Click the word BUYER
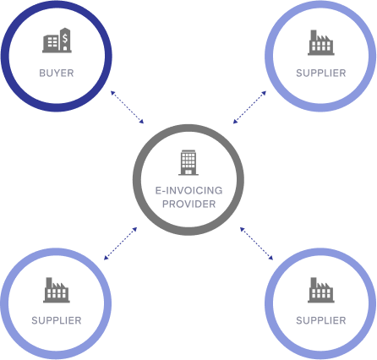click(x=57, y=73)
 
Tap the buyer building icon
click(x=57, y=41)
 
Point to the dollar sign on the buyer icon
click(x=65, y=38)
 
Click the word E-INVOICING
click(x=188, y=190)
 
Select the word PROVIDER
click(x=188, y=204)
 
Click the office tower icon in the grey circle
click(x=188, y=162)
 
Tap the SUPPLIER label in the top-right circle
click(x=321, y=73)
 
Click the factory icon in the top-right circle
click(x=321, y=42)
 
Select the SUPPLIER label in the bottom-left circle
click(x=57, y=320)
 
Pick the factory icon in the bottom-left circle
click(x=57, y=290)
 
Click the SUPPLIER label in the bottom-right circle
click(x=321, y=320)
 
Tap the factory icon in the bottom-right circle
click(x=321, y=290)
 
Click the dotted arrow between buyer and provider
click(x=127, y=107)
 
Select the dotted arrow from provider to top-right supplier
click(x=249, y=107)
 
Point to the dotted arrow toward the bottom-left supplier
click(x=121, y=243)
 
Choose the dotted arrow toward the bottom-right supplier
click(x=256, y=243)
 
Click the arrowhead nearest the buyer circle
click(x=112, y=92)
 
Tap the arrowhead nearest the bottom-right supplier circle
click(x=271, y=258)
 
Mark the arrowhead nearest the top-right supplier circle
click(x=265, y=92)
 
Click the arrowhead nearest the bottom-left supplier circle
click(x=106, y=258)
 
